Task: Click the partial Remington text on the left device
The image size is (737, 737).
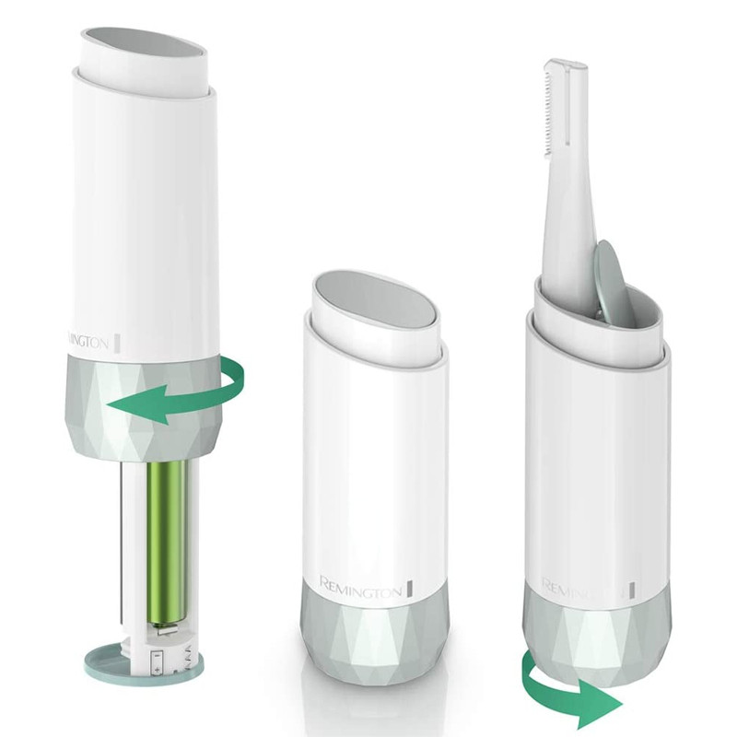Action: pos(88,340)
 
